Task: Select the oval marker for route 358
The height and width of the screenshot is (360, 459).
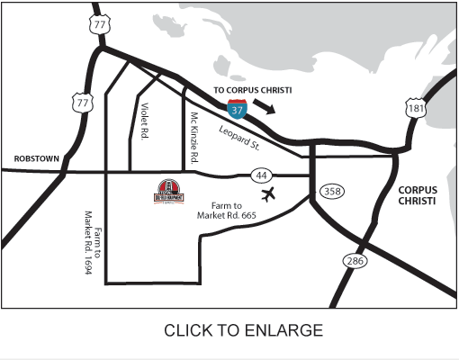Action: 331,191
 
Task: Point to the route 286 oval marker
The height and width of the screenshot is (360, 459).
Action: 354,260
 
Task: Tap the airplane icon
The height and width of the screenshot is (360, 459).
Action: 267,193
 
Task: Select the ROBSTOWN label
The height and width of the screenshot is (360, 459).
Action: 36,158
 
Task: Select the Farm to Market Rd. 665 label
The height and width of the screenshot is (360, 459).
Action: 227,211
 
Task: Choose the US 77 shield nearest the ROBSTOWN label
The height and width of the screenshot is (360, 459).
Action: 83,103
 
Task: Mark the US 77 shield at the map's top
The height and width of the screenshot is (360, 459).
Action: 98,25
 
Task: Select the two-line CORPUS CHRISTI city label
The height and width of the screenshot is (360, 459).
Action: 414,195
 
